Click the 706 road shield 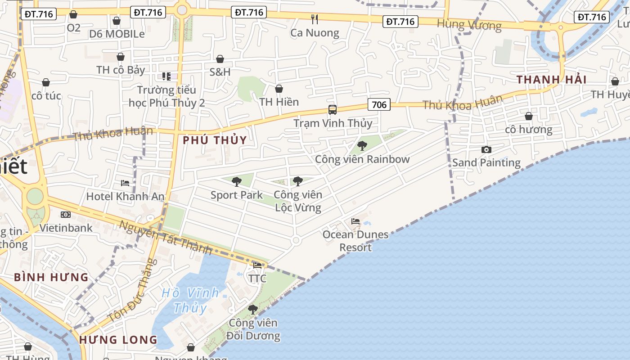(x=379, y=105)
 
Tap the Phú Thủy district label (x=215, y=140)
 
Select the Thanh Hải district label (x=551, y=80)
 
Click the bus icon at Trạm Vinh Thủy (x=333, y=110)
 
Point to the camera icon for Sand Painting (x=486, y=149)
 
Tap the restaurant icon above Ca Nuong (x=315, y=19)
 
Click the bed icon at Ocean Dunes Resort (x=355, y=221)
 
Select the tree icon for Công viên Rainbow (x=362, y=146)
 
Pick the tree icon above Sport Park (x=237, y=182)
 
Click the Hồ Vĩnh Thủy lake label (x=190, y=300)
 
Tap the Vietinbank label (x=66, y=228)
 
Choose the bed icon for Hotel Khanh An (x=125, y=183)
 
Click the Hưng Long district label (x=118, y=340)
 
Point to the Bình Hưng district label (x=51, y=277)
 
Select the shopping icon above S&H (x=220, y=59)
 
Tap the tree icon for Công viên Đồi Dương (x=253, y=310)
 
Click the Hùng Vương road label (x=469, y=25)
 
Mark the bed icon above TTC (x=257, y=265)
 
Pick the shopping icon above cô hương (x=529, y=116)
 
